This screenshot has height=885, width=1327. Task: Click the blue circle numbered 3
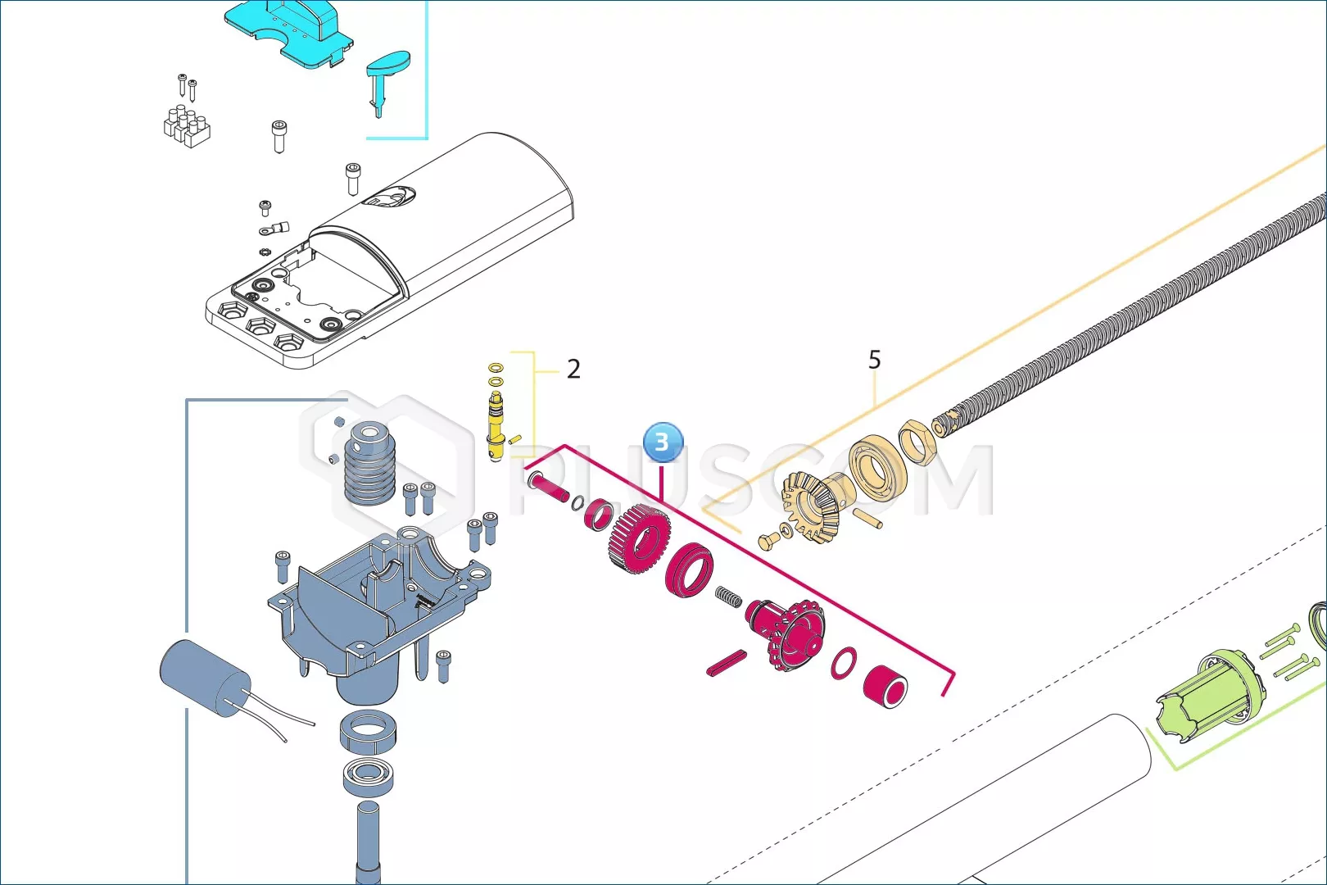point(663,442)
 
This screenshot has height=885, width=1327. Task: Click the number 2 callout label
point(573,369)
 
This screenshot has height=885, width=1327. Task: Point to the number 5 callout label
point(874,359)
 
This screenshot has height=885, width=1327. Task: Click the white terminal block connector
point(187,125)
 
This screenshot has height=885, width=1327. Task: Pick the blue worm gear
point(370,463)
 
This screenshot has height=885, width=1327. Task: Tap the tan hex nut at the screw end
point(917,442)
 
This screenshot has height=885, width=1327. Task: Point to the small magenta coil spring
point(727,597)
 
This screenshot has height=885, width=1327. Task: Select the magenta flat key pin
point(727,662)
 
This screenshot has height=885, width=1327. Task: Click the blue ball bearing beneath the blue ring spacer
point(368,775)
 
